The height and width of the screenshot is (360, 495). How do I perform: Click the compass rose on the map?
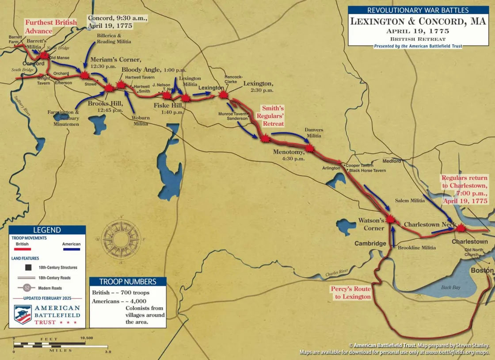[121, 239]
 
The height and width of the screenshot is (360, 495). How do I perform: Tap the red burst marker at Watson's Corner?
[390, 218]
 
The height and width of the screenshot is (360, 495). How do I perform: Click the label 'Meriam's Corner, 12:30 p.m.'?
[115, 63]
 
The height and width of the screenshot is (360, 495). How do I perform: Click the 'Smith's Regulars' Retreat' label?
[273, 115]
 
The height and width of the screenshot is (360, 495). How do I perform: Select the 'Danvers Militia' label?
[314, 133]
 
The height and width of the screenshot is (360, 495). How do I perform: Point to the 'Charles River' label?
[337, 273]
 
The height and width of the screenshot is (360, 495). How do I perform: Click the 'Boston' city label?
[482, 270]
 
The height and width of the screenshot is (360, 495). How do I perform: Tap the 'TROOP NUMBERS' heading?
[128, 282]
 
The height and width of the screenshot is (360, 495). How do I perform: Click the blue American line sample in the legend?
[71, 249]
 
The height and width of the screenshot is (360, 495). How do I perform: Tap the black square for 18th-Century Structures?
[28, 267]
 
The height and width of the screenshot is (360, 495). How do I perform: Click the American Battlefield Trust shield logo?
[23, 314]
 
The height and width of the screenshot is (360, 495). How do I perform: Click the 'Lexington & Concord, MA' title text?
[405, 22]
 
